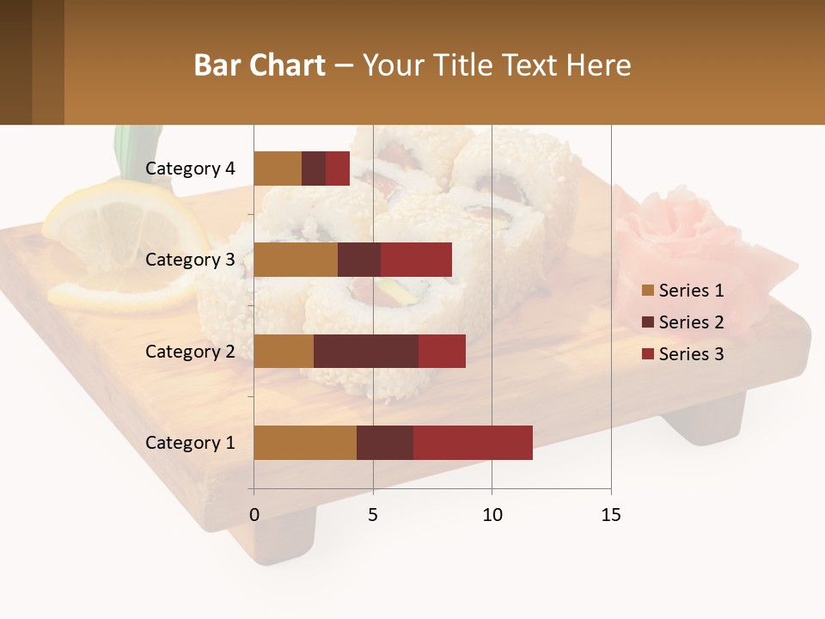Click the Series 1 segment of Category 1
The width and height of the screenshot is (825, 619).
(305, 443)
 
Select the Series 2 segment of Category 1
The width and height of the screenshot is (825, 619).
(385, 443)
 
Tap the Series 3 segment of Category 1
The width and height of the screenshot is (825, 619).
(473, 443)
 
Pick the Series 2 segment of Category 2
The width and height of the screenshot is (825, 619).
(366, 351)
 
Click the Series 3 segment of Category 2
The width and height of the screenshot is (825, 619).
(442, 351)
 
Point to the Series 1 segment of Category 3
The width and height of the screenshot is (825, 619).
(296, 260)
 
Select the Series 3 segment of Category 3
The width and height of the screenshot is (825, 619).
(416, 260)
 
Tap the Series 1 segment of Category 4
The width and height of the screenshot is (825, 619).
(278, 169)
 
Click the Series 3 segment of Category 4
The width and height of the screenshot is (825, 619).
(338, 169)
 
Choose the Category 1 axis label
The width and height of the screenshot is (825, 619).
(190, 443)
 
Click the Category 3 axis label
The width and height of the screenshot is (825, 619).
(190, 260)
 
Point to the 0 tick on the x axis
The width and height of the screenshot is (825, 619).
(254, 515)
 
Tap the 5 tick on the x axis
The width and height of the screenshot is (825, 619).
(373, 515)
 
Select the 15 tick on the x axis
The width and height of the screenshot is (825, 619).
(611, 515)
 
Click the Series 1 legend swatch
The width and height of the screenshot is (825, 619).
(648, 291)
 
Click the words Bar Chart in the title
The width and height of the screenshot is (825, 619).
(260, 64)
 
